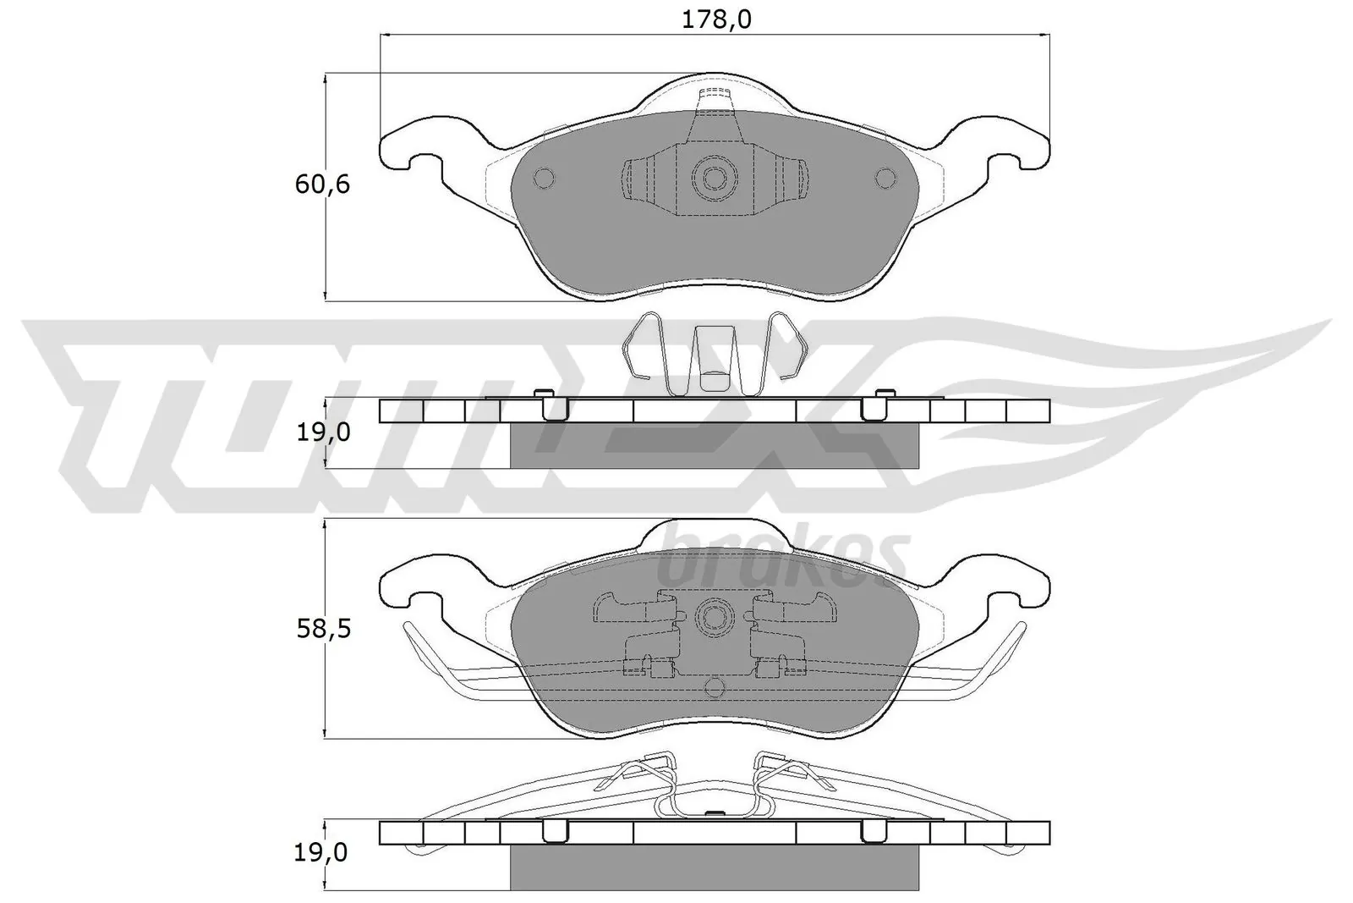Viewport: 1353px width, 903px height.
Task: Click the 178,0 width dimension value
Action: pos(717,19)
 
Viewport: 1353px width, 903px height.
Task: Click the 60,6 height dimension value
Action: pos(322,184)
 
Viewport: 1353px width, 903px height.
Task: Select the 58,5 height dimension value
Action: pos(322,629)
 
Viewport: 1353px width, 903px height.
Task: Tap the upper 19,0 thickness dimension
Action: pos(322,432)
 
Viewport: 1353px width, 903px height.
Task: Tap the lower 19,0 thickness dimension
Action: pos(322,853)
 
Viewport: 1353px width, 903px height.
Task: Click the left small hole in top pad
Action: pos(544,178)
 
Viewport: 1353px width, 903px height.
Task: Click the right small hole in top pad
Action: pos(885,178)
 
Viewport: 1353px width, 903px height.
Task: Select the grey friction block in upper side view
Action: pos(715,445)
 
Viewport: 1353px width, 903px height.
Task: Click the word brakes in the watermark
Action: pos(782,554)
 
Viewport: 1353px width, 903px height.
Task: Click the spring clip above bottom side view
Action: pos(715,783)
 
